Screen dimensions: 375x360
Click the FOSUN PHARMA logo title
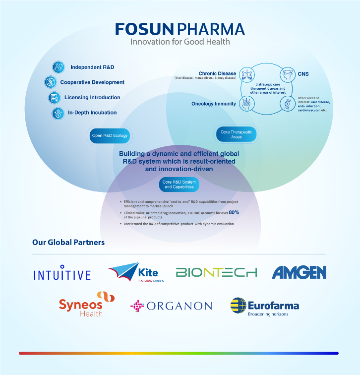pyautogui.click(x=180, y=28)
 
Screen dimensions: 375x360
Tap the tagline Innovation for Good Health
pyautogui.click(x=180, y=42)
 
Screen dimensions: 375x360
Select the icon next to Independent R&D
pyautogui.click(x=59, y=67)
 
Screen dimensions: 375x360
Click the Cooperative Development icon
pyautogui.click(x=50, y=82)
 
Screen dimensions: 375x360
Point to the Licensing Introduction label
pyautogui.click(x=92, y=97)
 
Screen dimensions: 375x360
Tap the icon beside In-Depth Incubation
pyautogui.click(x=58, y=113)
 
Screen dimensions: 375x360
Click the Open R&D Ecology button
pyautogui.click(x=110, y=135)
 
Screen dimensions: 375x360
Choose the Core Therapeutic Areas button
pyautogui.click(x=236, y=134)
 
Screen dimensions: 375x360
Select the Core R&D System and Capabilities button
pyautogui.click(x=179, y=185)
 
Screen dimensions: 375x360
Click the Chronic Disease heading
pyautogui.click(x=217, y=73)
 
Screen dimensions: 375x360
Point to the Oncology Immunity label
pyautogui.click(x=214, y=104)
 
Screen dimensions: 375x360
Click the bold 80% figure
pyautogui.click(x=234, y=212)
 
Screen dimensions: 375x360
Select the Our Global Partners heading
pyautogui.click(x=68, y=243)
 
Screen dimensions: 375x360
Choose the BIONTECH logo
pyautogui.click(x=216, y=272)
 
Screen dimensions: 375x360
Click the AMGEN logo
pyautogui.click(x=299, y=272)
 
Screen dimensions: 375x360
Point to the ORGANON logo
pyautogui.click(x=171, y=306)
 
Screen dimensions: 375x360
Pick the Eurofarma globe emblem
pyautogui.click(x=239, y=306)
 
